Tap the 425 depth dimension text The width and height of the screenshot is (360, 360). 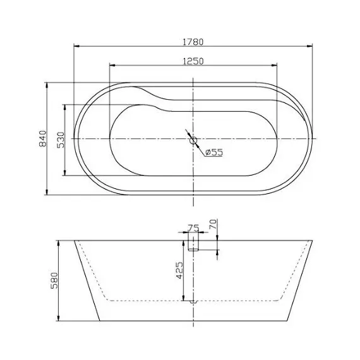(x=180, y=271)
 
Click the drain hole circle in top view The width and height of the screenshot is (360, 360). (x=193, y=140)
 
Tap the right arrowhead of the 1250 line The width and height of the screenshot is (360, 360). (x=275, y=64)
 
